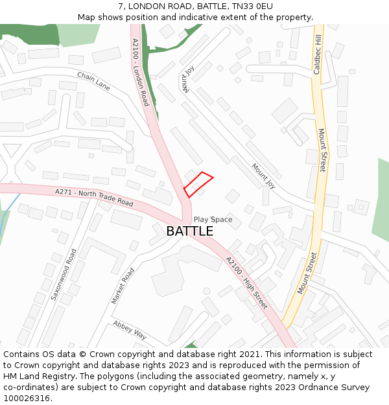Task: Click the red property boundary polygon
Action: (x=198, y=184)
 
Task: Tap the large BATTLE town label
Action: (x=189, y=231)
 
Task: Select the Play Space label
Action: (x=213, y=220)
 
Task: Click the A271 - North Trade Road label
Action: (x=94, y=198)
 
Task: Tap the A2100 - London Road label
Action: (x=141, y=72)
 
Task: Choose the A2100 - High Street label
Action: (x=246, y=282)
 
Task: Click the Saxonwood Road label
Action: (x=64, y=274)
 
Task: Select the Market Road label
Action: (x=123, y=286)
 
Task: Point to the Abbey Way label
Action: (x=130, y=330)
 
